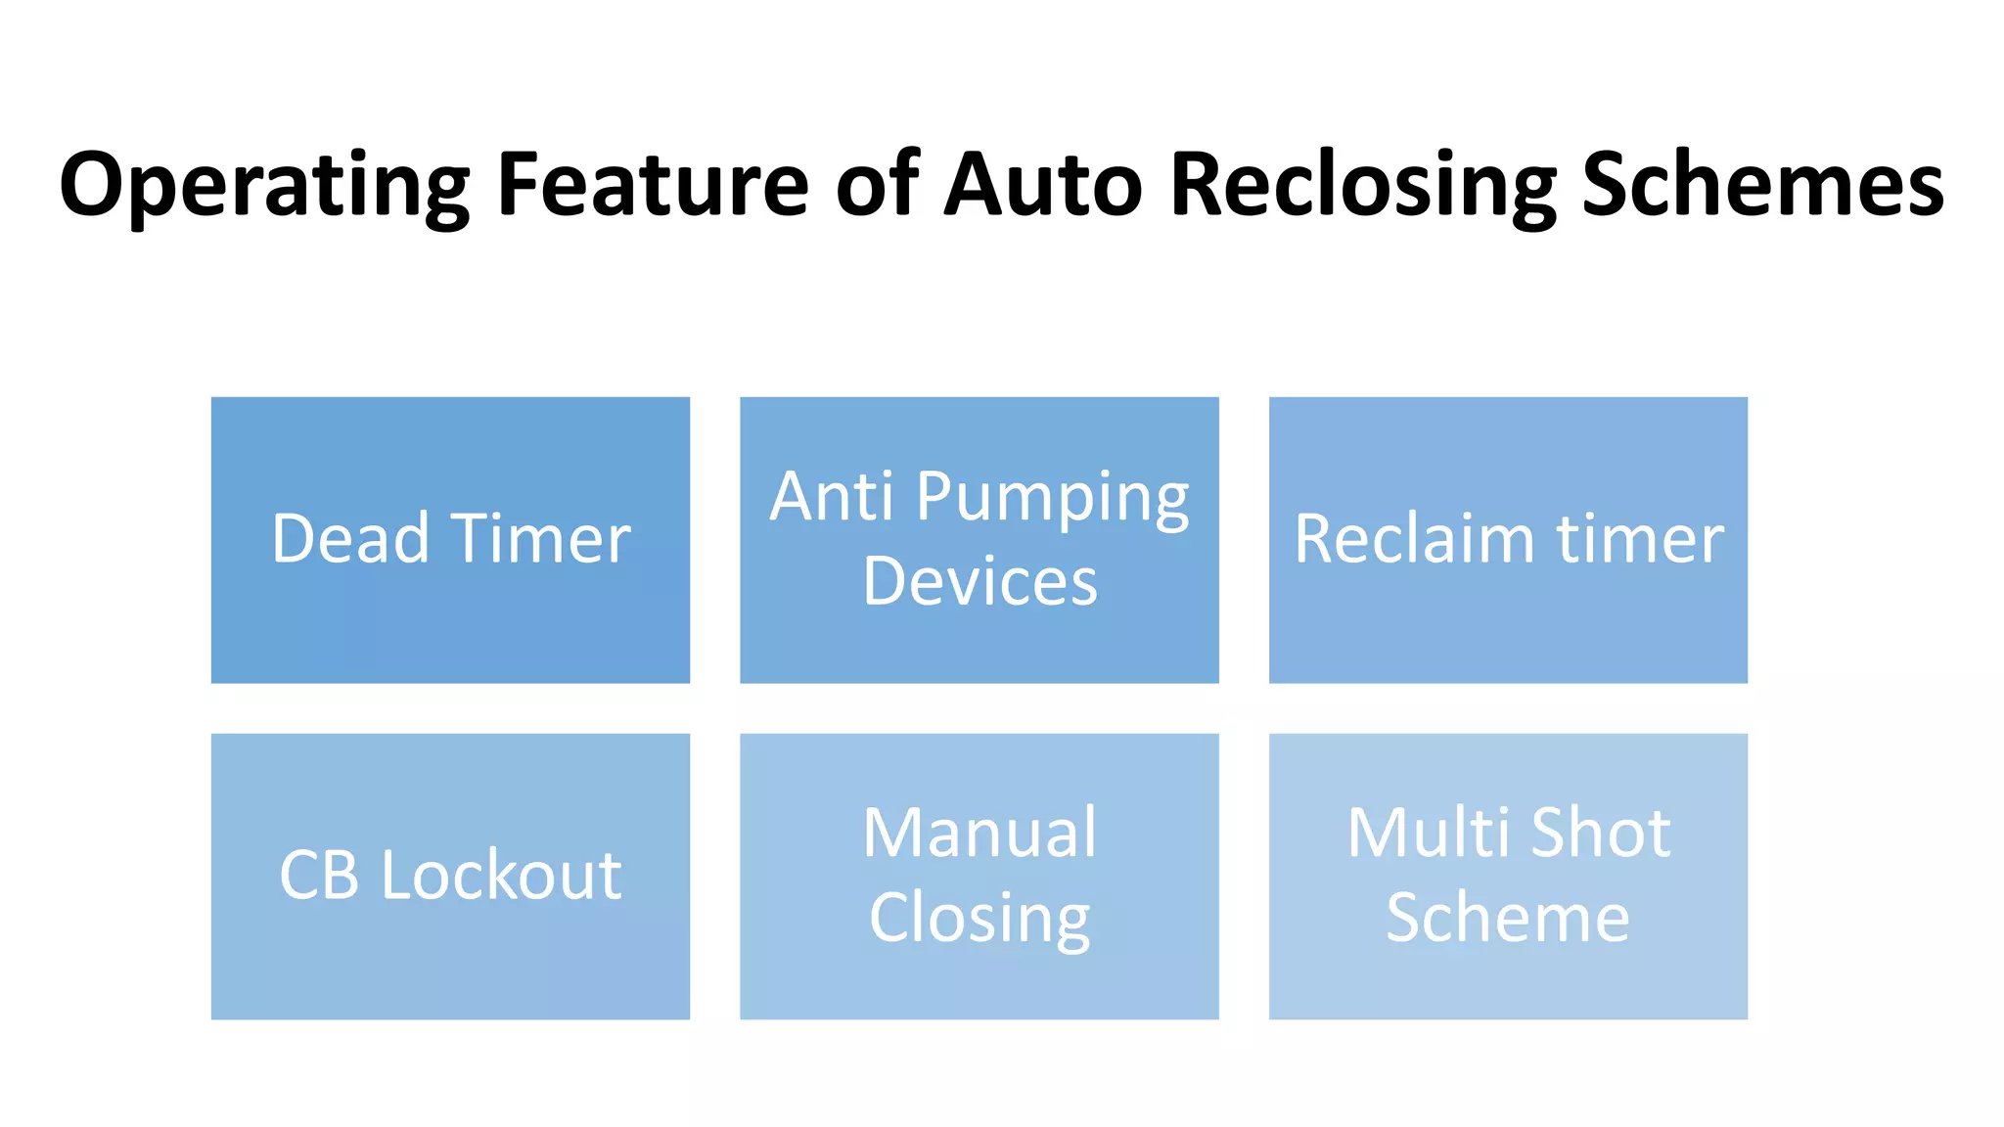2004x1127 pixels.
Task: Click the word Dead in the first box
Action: (x=350, y=539)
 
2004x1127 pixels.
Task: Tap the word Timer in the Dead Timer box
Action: (x=542, y=539)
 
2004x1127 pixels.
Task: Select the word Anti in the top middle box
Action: (x=831, y=497)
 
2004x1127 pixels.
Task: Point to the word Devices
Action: (x=979, y=581)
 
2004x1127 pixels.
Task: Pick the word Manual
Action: (x=979, y=834)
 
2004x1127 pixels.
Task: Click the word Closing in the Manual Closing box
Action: (x=979, y=919)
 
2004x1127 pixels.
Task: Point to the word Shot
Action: (x=1601, y=834)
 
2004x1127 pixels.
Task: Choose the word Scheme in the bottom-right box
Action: (x=1508, y=918)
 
